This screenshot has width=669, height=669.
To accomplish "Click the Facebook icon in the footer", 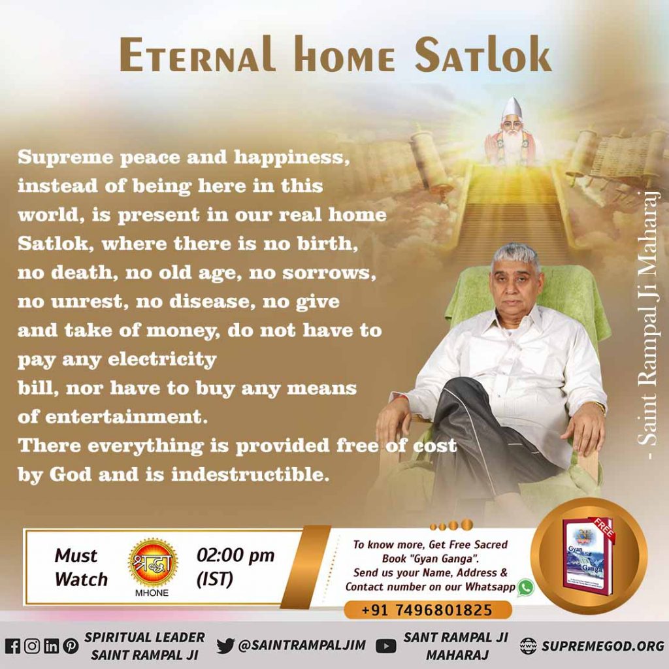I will (x=12, y=646).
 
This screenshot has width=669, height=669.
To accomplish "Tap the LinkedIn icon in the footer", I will (x=51, y=646).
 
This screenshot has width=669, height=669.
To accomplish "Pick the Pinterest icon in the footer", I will (x=70, y=646).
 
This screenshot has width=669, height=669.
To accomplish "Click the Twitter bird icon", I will (x=225, y=646).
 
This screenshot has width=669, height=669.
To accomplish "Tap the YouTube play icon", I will (x=387, y=646).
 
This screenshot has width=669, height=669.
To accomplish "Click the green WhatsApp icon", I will (x=525, y=587).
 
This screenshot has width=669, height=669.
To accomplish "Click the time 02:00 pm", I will (x=235, y=556).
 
